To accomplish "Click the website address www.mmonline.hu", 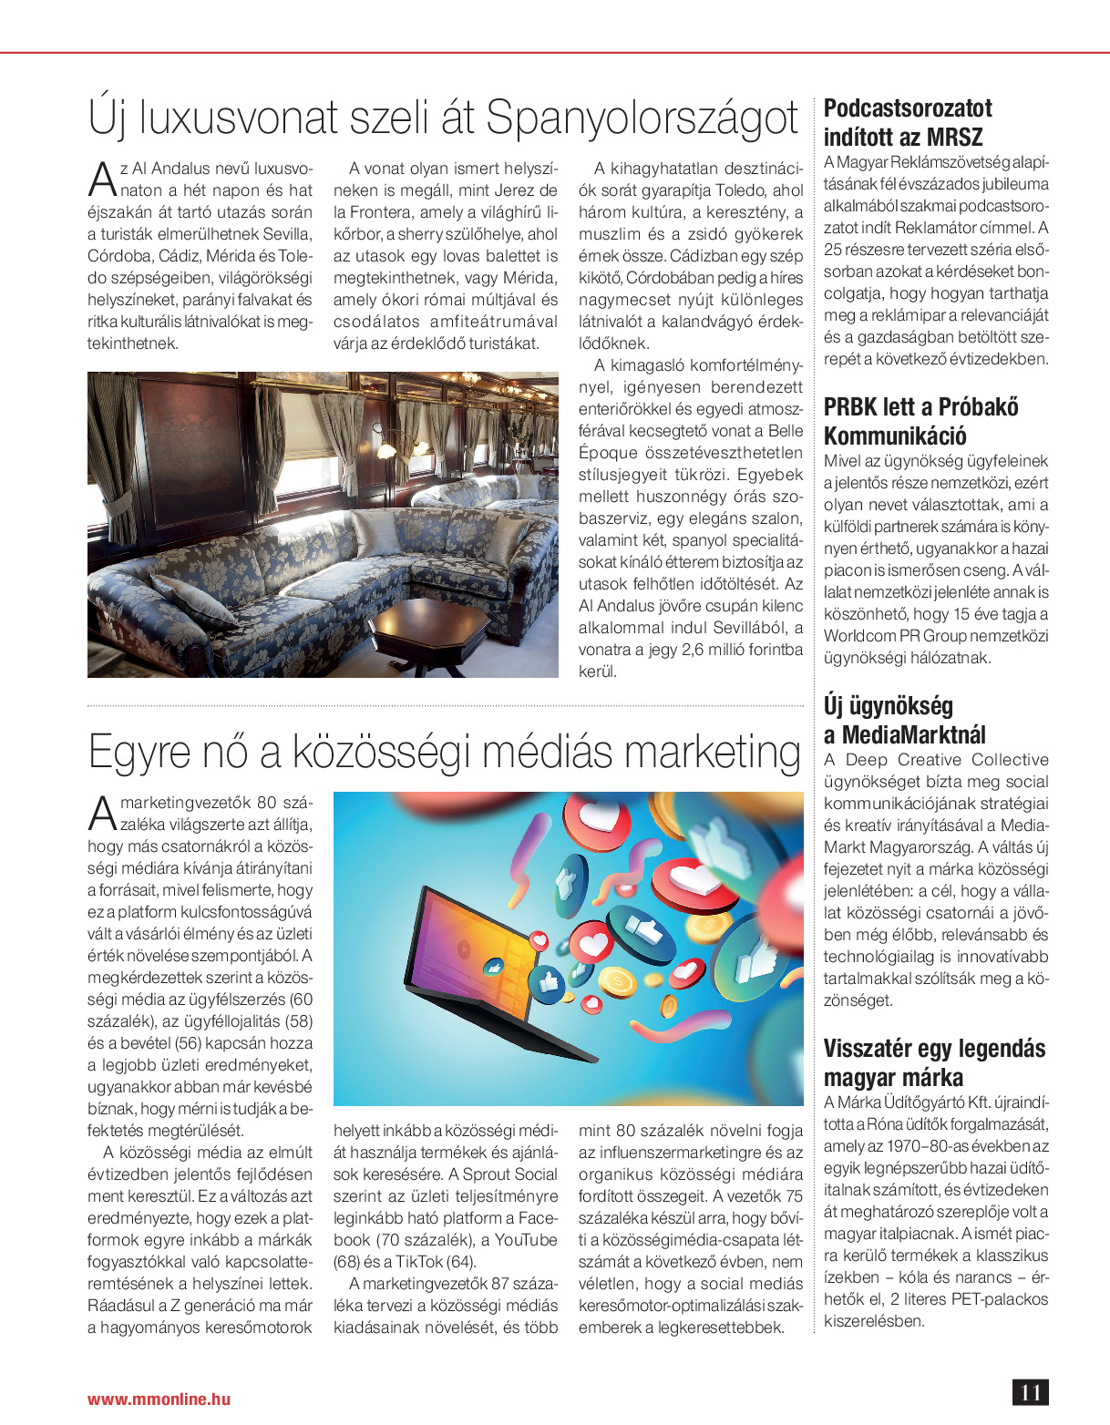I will [159, 1399].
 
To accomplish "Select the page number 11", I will [1030, 1392].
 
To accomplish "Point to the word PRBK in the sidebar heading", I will [854, 406].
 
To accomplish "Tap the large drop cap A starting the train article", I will [102, 179].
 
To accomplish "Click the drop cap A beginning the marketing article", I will [102, 813].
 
